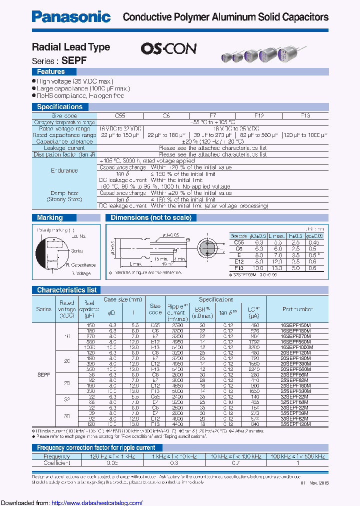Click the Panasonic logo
[71, 16]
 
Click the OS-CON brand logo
[168, 48]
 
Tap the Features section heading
[51, 72]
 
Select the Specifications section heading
[59, 106]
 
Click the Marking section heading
[50, 217]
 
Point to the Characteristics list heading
[67, 289]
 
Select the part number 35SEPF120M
[295, 423]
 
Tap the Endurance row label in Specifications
[64, 170]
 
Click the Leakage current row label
[64, 148]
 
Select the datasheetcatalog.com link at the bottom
[97, 502]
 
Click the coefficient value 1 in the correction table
[298, 463]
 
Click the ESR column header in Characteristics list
[201, 309]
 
